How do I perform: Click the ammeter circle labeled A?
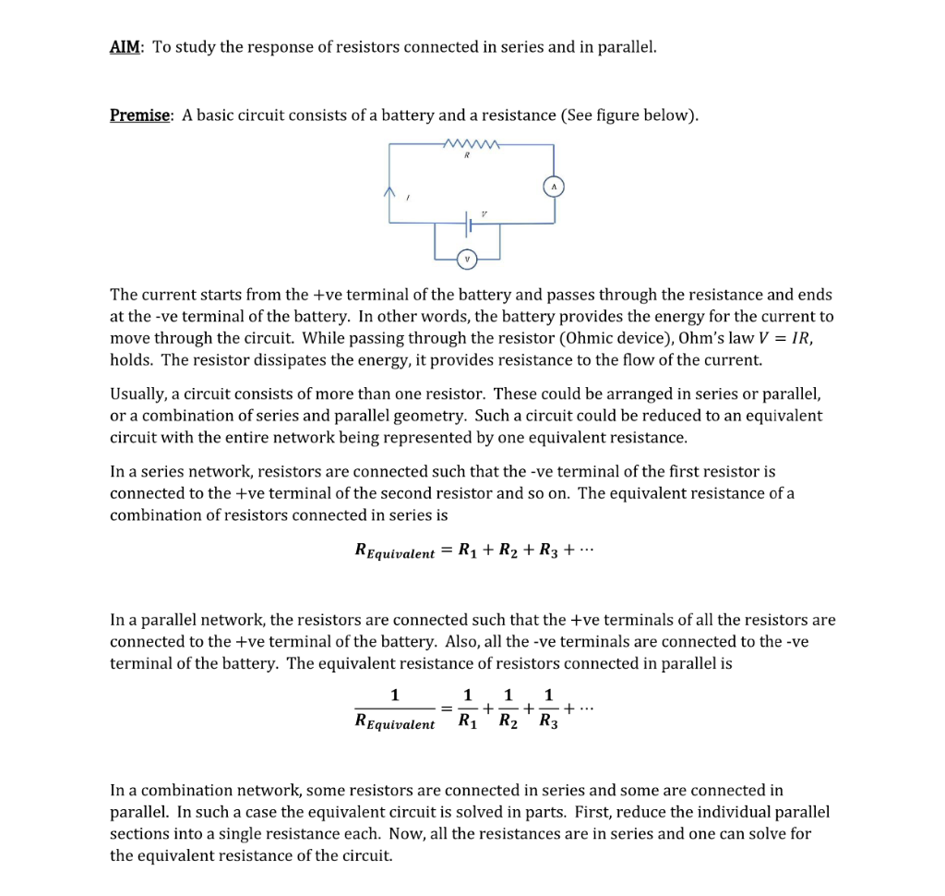[x=554, y=186]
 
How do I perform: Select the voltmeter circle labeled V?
[x=467, y=260]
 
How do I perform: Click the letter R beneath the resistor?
[x=468, y=158]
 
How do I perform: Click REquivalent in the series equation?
[x=395, y=551]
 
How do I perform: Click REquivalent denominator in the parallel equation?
[x=395, y=722]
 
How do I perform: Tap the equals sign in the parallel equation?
[x=446, y=708]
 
